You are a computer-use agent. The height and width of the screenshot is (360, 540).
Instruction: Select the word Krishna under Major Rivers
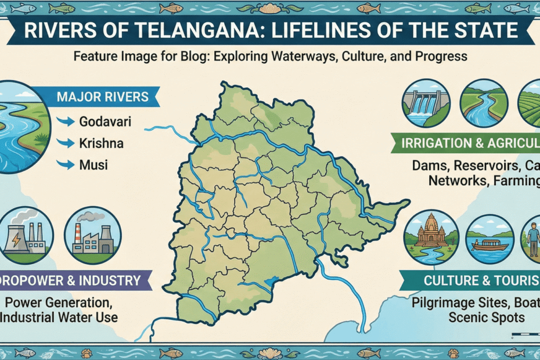[101, 143]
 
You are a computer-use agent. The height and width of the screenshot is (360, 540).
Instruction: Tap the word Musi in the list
[93, 165]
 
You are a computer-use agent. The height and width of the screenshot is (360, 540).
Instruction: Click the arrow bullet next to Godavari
[68, 123]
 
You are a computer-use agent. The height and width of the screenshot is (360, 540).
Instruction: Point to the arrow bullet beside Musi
[68, 165]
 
